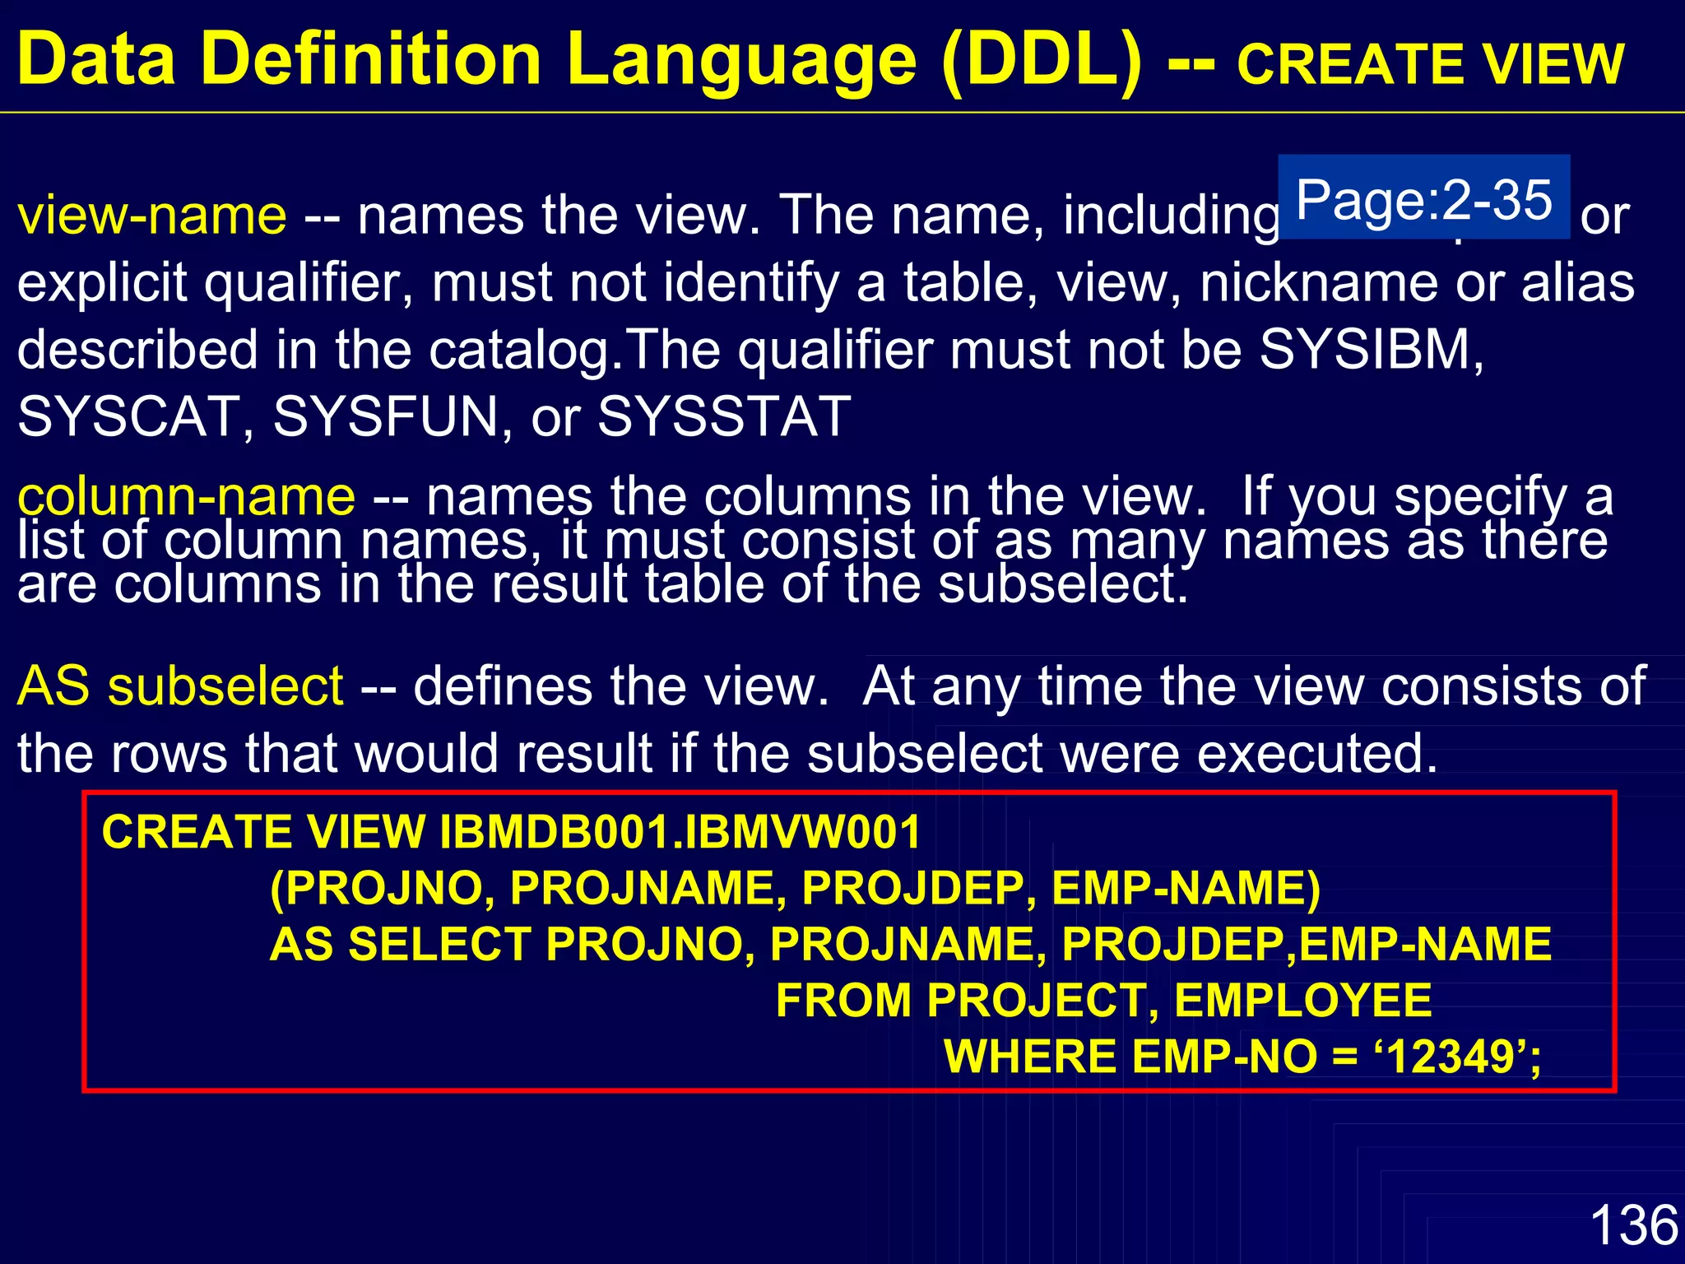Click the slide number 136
[1633, 1224]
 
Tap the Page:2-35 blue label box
[1423, 197]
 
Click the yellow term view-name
[152, 215]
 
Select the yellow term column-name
[187, 496]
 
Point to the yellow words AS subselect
[180, 685]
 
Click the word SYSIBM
[1369, 349]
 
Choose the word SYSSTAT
[724, 416]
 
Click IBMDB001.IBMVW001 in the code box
[680, 832]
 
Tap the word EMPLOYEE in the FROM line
[1303, 1001]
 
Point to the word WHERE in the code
[1029, 1057]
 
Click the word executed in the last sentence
[1316, 753]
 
